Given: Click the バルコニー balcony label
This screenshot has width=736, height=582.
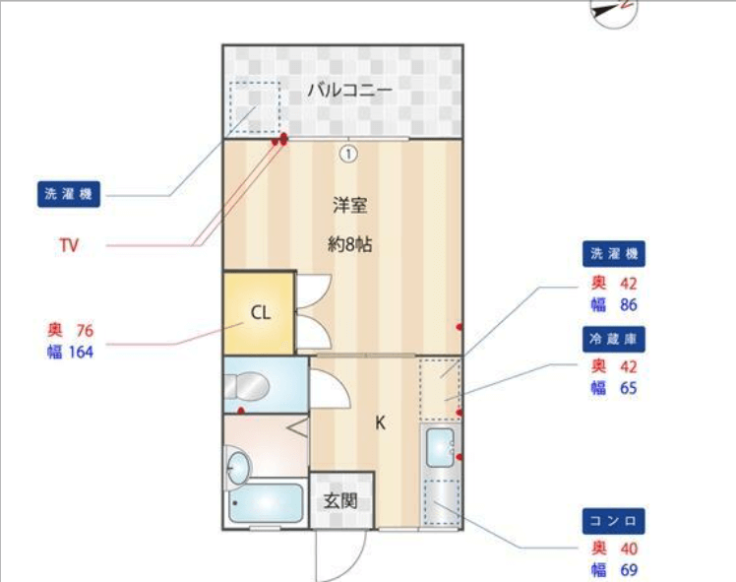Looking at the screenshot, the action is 349,90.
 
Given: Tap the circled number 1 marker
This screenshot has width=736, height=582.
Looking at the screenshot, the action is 348,154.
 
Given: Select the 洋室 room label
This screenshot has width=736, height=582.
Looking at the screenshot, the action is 349,205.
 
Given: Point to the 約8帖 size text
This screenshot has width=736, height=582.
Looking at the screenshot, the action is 349,244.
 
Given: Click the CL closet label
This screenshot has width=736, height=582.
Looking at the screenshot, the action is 261,312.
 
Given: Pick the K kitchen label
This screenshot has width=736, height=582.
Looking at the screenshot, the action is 380,423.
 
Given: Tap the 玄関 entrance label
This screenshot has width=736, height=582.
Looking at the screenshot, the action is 340,501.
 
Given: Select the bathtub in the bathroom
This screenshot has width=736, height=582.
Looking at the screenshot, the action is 266,503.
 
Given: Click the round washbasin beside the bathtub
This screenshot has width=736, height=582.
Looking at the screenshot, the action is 238,469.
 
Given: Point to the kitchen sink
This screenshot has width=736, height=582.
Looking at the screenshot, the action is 440,448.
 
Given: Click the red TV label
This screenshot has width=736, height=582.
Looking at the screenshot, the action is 69,245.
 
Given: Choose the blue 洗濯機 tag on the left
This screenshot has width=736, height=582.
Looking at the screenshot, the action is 69,194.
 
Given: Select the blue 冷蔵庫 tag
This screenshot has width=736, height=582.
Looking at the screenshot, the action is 613,339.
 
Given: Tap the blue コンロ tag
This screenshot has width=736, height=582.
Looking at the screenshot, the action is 613,521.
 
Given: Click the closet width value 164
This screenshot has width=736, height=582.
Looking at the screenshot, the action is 81,352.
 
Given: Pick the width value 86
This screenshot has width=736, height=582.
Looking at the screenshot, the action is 629,305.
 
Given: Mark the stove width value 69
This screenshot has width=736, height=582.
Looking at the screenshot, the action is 629,570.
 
